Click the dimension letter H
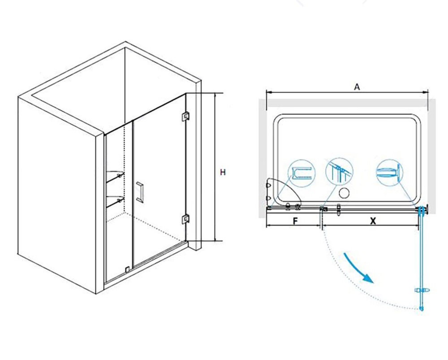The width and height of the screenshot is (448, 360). (223, 172)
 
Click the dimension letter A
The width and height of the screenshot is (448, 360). (357, 87)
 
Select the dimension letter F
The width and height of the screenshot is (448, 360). (296, 221)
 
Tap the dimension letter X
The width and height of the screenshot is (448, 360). (373, 221)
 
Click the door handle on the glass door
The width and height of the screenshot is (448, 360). (140, 192)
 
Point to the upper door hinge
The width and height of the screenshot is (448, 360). (186, 116)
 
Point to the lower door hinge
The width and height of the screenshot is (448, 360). (186, 219)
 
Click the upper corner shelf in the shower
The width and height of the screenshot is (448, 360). (115, 175)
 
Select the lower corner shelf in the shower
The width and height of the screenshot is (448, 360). (115, 200)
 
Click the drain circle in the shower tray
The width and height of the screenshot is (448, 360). (344, 193)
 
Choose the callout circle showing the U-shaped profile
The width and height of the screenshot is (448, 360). (302, 173)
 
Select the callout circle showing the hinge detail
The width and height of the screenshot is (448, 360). (389, 173)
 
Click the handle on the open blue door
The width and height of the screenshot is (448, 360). (422, 291)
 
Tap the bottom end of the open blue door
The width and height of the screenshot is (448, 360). (421, 309)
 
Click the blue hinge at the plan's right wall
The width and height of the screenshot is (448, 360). (422, 210)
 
